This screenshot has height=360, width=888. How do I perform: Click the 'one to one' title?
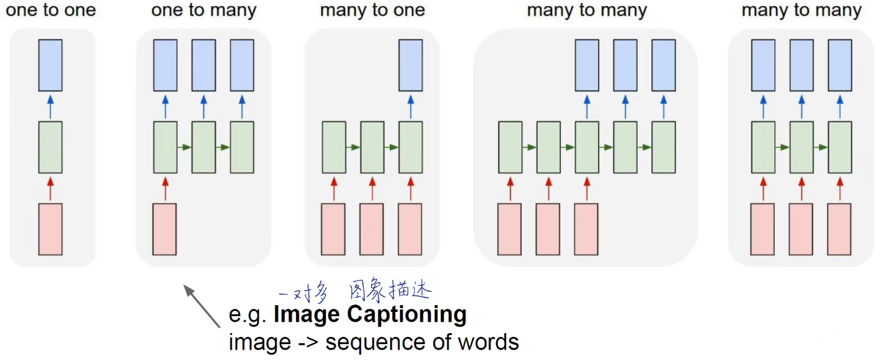click(51, 11)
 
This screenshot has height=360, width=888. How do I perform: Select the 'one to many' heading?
click(203, 11)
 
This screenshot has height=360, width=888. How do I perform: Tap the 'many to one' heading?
click(372, 11)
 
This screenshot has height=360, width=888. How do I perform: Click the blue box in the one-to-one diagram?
click(51, 65)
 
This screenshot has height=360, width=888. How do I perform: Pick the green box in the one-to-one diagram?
click(51, 147)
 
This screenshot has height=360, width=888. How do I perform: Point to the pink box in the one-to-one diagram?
click(51, 229)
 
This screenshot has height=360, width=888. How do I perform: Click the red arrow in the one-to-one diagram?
click(51, 188)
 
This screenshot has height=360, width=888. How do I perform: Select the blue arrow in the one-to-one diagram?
click(51, 106)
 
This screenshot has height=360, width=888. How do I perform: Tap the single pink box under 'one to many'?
click(164, 229)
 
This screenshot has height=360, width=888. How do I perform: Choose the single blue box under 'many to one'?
click(411, 65)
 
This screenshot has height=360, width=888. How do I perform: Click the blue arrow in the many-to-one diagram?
click(411, 106)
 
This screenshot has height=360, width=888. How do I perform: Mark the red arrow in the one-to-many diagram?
click(164, 188)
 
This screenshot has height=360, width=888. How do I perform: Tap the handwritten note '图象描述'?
click(390, 291)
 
